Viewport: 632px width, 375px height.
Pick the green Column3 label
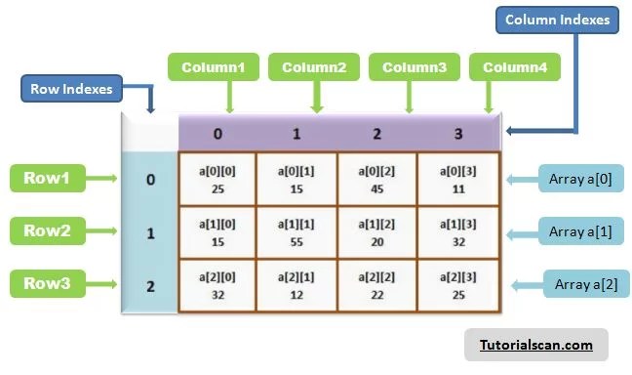click(414, 68)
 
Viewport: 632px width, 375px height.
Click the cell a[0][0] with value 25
click(217, 179)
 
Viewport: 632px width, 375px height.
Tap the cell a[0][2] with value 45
click(377, 179)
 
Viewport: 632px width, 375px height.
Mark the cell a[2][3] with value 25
click(457, 285)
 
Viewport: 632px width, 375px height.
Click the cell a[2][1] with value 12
click(297, 285)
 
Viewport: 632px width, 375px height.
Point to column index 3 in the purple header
click(457, 132)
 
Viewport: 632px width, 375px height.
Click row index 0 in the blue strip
click(149, 180)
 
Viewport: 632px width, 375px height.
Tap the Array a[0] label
click(579, 180)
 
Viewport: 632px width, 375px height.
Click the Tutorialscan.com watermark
click(535, 345)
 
